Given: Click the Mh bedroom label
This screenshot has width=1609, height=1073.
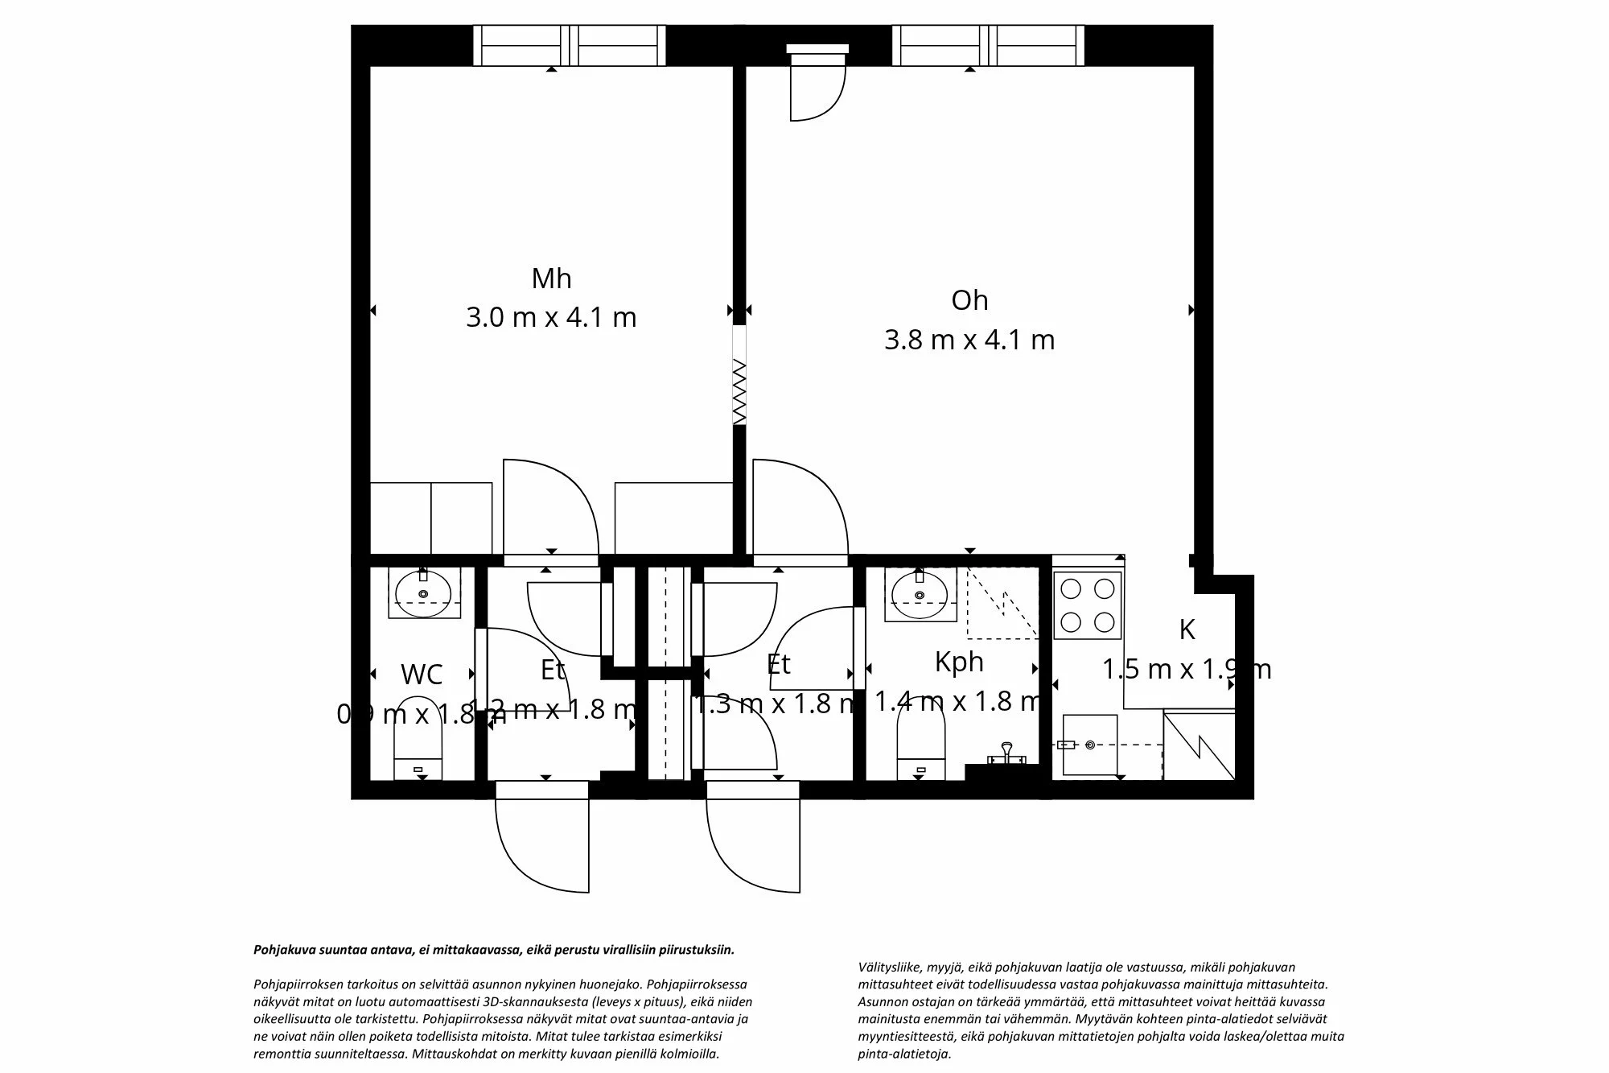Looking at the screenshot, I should (551, 279).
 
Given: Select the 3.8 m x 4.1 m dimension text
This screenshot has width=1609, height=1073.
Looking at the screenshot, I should (969, 340).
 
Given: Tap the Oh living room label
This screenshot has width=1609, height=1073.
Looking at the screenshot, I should (969, 300).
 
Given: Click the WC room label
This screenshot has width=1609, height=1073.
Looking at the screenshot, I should (422, 674).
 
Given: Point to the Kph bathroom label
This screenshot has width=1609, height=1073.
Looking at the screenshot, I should (959, 662).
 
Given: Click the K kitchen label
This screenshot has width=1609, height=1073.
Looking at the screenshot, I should (1187, 629).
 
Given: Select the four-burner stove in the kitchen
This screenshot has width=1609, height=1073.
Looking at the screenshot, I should (1087, 605).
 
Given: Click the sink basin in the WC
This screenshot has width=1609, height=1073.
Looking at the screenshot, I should (424, 588).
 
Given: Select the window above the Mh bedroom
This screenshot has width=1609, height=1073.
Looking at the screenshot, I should (569, 45).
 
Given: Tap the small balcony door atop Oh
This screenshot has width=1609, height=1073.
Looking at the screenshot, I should (817, 85).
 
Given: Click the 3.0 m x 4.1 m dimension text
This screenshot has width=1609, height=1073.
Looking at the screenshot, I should (551, 317).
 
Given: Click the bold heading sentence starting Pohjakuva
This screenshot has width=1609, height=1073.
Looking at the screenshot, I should (494, 950).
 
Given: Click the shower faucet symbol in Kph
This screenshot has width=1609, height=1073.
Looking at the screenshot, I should (1006, 753).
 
